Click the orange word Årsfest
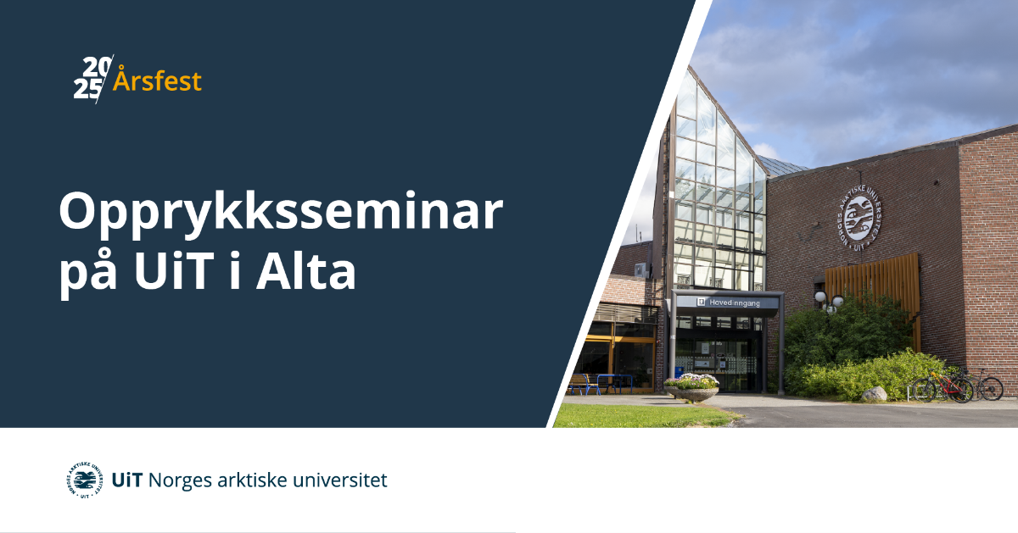157,80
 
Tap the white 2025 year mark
92,78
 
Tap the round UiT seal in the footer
85,480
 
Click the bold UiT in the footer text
127,480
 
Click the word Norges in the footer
180,481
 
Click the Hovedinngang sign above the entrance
727,303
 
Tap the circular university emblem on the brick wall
858,219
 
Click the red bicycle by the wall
943,386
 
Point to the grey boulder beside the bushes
874,394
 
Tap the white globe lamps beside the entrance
829,302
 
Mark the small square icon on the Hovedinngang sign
702,302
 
